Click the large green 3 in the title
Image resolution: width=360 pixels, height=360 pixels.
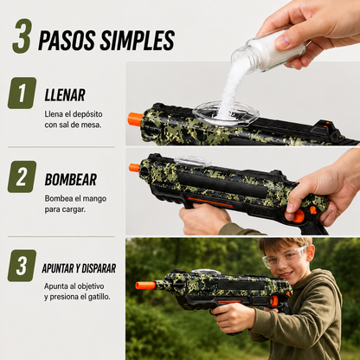22,36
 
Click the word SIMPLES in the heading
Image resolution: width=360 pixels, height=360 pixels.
137,41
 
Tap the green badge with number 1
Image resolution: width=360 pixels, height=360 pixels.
22,93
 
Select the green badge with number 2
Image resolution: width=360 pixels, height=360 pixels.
22,177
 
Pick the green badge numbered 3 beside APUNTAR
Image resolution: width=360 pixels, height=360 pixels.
22,266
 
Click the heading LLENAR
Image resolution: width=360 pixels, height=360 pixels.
65,95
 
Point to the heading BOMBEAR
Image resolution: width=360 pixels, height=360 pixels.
71,179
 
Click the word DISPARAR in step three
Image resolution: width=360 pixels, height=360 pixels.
99,268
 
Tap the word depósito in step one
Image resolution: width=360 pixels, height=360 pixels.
87,114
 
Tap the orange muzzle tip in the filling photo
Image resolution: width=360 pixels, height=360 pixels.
135,119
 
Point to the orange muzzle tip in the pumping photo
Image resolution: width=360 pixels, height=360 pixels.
134,168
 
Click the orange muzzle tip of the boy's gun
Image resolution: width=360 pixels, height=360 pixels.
145,286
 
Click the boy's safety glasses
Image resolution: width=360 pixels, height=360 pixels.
284,257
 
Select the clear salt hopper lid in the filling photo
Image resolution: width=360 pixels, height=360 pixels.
226,112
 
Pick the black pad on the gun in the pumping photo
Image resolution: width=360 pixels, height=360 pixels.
223,185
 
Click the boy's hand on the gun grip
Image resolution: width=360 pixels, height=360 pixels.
235,318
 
